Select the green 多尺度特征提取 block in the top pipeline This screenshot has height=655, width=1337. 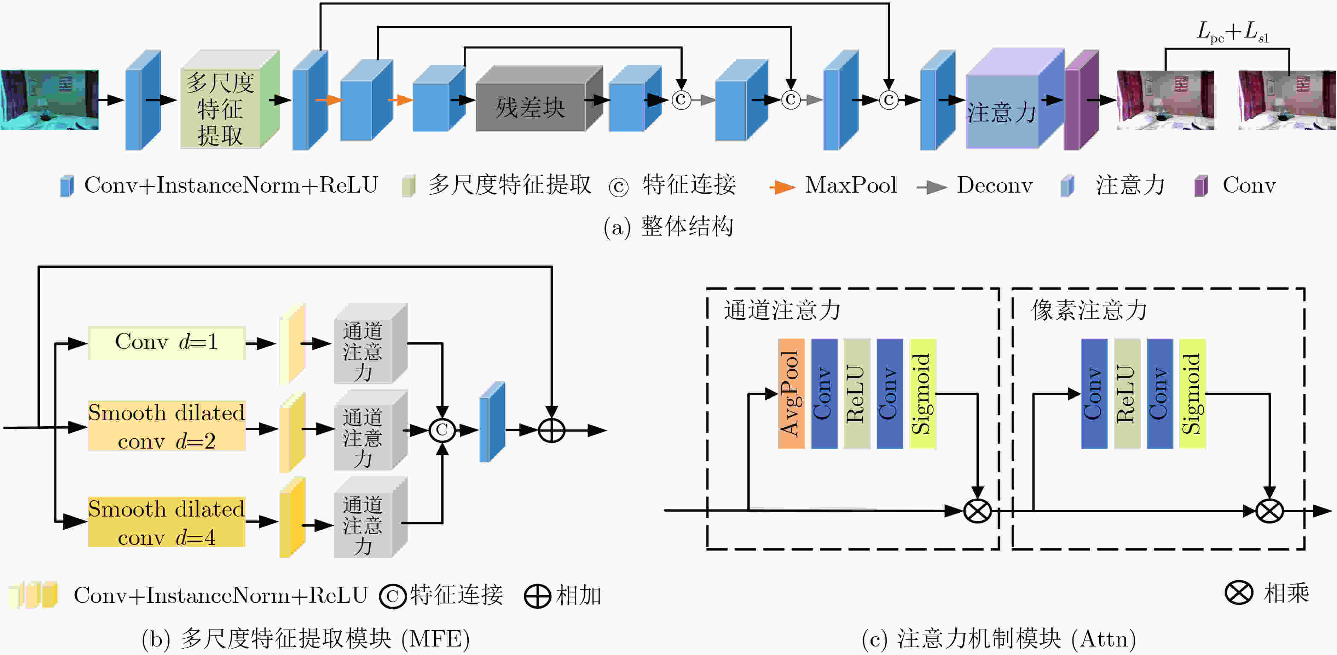click(230, 100)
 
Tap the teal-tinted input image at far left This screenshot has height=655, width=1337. click(49, 100)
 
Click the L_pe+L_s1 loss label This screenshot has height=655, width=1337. click(1233, 32)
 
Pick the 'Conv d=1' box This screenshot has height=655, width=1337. click(167, 342)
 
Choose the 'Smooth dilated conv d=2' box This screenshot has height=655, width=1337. click(167, 426)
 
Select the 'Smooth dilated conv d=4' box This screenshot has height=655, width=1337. click(167, 522)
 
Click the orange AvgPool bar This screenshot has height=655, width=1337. click(791, 393)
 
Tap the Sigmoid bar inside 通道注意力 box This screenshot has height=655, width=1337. click(922, 393)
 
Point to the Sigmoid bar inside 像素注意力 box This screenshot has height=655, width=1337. click(1192, 393)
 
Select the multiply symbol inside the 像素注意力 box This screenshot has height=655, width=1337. click(1269, 511)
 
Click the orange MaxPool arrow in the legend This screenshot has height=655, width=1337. click(782, 187)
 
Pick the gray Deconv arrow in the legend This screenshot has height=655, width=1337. click(932, 187)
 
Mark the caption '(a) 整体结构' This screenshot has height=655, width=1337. click(668, 227)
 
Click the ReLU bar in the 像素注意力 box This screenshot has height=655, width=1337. click(1127, 393)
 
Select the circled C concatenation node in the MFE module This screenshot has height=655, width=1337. click(442, 430)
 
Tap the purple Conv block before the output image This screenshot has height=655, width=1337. click(1081, 100)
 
